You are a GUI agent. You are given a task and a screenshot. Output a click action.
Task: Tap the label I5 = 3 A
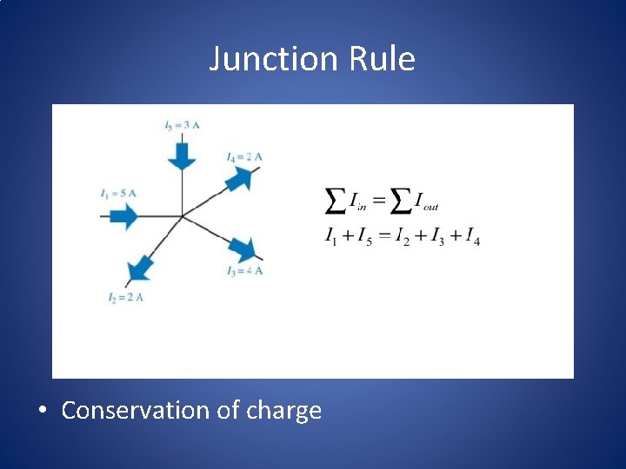[x=182, y=125]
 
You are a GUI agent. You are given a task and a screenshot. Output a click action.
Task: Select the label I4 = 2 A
[x=244, y=156]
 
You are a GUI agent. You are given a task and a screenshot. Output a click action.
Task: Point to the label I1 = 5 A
[x=118, y=192]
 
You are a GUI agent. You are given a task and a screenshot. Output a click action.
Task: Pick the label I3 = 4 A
[x=244, y=271]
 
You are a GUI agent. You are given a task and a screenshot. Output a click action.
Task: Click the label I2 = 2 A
[x=125, y=298]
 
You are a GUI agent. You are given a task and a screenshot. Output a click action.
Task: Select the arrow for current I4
[x=240, y=179]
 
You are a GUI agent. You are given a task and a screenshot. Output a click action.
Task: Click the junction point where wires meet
[x=182, y=215]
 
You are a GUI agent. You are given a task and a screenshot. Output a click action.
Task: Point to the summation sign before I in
[x=334, y=202]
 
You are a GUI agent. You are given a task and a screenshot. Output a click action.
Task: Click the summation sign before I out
[x=400, y=202]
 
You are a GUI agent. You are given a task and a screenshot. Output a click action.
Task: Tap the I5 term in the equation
[x=364, y=235]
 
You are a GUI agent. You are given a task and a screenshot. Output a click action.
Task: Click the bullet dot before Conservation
[x=43, y=411]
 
